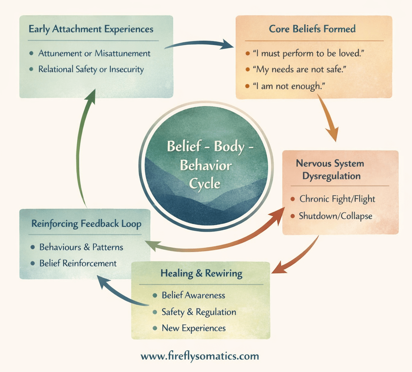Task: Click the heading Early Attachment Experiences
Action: [x=91, y=29]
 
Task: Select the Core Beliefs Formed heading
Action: [x=312, y=29]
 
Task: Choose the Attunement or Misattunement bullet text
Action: [x=94, y=53]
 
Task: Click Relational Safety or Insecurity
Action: [x=91, y=69]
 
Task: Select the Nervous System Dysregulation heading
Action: [x=330, y=169]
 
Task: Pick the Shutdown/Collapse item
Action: [x=335, y=216]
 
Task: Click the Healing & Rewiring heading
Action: [x=201, y=273]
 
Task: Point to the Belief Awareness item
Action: [x=193, y=295]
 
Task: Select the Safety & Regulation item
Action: [x=199, y=312]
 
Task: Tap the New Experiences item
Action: [x=194, y=328]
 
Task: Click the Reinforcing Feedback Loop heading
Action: [x=86, y=224]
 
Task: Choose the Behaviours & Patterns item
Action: [x=81, y=247]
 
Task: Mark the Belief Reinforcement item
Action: [x=78, y=263]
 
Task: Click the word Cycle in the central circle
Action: [x=206, y=184]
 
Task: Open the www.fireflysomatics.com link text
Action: [x=200, y=356]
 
